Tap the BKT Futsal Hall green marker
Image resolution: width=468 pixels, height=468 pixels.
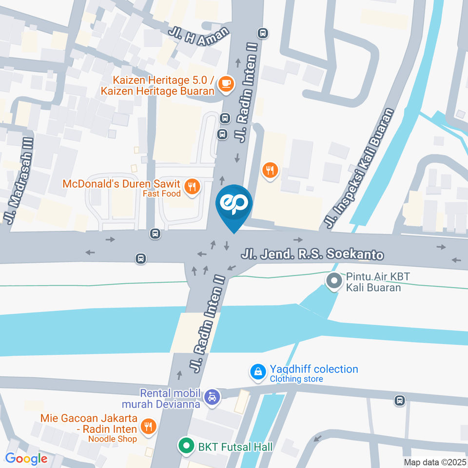pyautogui.click(x=185, y=446)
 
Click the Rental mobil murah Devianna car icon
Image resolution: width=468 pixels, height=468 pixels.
pyautogui.click(x=212, y=397)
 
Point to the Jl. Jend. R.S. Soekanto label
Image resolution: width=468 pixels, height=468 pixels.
pyautogui.click(x=312, y=254)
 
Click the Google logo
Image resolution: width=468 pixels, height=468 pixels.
pyautogui.click(x=26, y=458)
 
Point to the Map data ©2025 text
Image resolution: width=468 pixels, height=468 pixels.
pyautogui.click(x=435, y=462)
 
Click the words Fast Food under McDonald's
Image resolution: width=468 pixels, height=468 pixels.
pyautogui.click(x=161, y=194)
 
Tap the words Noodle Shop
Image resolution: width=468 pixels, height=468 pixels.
pyautogui.click(x=112, y=438)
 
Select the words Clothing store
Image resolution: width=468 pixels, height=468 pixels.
pyautogui.click(x=296, y=379)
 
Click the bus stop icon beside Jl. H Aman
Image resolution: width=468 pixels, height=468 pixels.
pyautogui.click(x=263, y=33)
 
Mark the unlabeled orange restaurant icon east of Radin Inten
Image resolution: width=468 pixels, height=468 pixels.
pyautogui.click(x=270, y=170)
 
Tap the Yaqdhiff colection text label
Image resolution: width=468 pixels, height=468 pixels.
pyautogui.click(x=314, y=369)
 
